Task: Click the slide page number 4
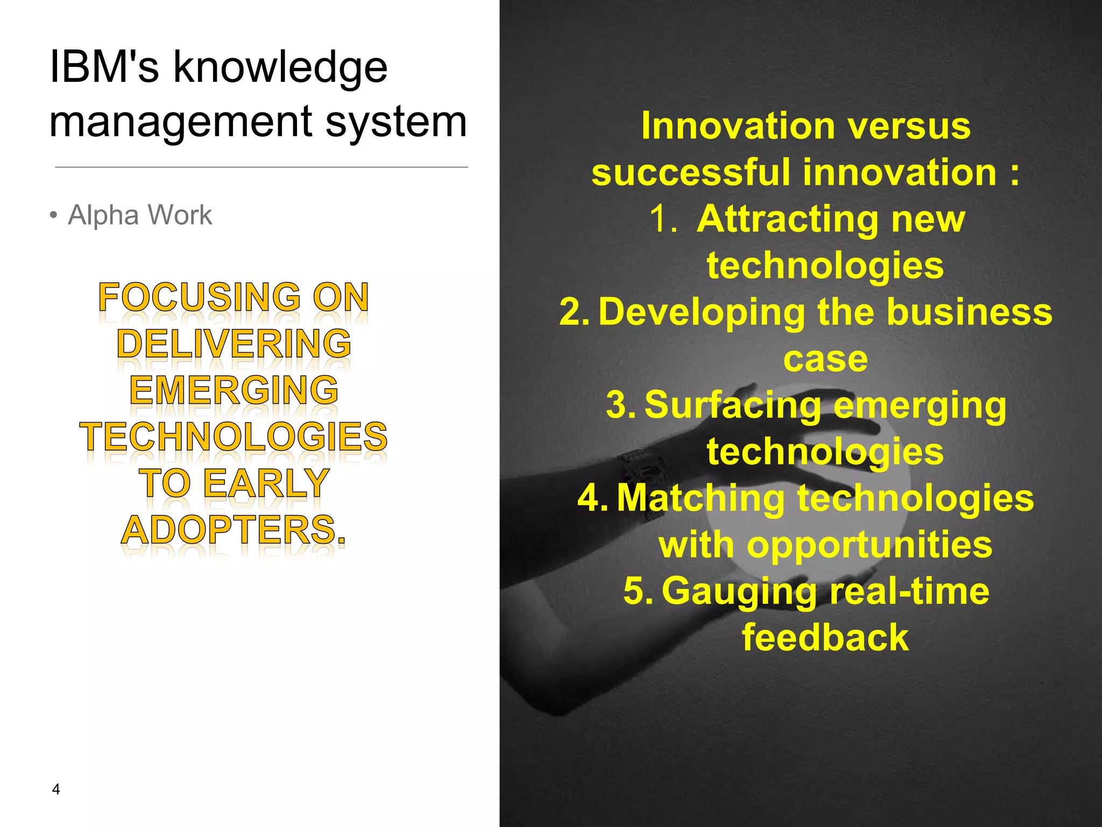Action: (56, 789)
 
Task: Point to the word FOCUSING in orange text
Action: (200, 297)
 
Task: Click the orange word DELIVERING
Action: (234, 344)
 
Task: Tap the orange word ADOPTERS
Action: (233, 530)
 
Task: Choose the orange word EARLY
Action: (266, 483)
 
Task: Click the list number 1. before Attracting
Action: (663, 220)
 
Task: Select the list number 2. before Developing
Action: (575, 312)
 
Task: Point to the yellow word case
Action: (825, 359)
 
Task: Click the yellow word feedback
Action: (825, 638)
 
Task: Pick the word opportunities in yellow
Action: (869, 545)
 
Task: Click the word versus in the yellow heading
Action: (909, 127)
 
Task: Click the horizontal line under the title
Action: (262, 167)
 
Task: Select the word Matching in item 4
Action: (701, 499)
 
